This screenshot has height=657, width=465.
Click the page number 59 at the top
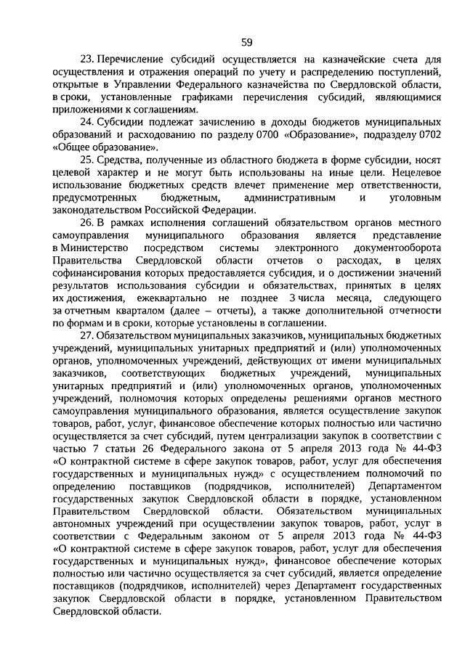(x=247, y=41)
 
